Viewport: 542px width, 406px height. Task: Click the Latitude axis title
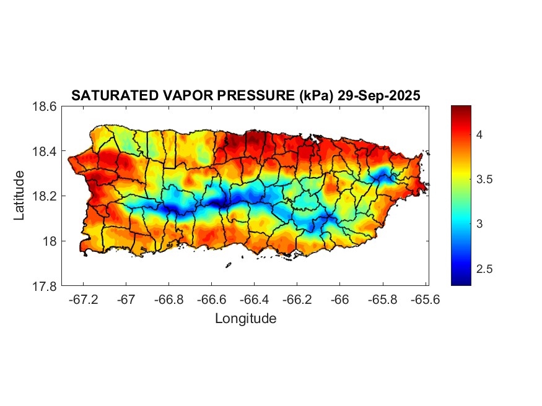click(19, 196)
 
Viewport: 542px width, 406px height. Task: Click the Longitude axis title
click(245, 319)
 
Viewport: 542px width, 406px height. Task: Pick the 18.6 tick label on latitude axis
click(45, 106)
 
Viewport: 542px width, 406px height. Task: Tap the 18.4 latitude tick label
click(45, 152)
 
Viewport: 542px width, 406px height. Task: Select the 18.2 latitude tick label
click(45, 196)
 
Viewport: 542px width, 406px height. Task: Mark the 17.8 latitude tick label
click(45, 286)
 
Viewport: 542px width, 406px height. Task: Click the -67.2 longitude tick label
click(84, 300)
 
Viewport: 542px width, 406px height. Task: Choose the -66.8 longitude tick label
click(169, 300)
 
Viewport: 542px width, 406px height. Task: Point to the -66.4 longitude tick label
click(255, 300)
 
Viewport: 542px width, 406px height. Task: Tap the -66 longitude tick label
click(340, 300)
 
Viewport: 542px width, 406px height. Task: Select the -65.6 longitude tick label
click(425, 300)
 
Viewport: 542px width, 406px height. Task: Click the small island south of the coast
click(228, 265)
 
